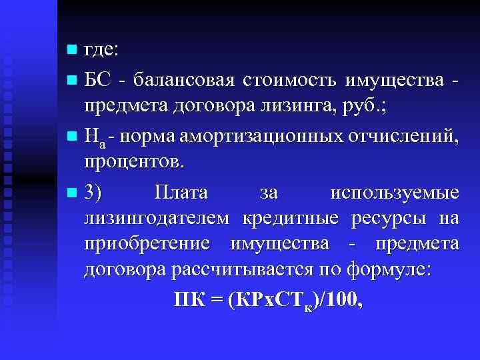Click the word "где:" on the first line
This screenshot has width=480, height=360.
click(101, 50)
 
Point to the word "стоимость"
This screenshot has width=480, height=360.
click(289, 81)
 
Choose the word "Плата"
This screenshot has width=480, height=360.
click(181, 193)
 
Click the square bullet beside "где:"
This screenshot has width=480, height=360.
click(72, 50)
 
